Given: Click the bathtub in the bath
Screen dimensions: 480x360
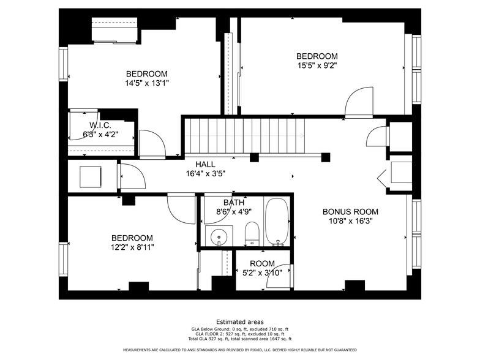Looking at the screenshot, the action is (277, 222).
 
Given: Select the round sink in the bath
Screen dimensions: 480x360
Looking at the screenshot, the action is (219, 236).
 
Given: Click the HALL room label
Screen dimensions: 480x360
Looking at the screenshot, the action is (206, 164).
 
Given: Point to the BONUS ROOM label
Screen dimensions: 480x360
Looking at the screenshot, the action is (350, 212).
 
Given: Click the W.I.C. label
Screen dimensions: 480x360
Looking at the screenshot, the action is (100, 125).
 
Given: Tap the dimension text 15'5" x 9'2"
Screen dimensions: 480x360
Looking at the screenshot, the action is (317, 65).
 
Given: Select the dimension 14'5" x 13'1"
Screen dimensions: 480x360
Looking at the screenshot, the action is (147, 83).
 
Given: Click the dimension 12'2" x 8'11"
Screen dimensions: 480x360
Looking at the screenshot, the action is (132, 247).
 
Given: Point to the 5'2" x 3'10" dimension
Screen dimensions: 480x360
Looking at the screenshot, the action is (262, 272).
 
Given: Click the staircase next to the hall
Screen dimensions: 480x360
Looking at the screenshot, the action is (245, 135).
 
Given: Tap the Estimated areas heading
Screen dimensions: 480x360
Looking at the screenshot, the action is (240, 322).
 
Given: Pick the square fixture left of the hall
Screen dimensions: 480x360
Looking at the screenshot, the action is (91, 176).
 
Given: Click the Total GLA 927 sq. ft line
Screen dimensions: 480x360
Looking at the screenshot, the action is (240, 339).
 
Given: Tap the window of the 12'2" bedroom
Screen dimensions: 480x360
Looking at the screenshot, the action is (64, 259).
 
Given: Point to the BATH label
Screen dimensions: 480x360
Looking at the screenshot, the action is (234, 202).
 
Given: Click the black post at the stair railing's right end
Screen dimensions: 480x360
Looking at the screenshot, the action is (326, 157).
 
